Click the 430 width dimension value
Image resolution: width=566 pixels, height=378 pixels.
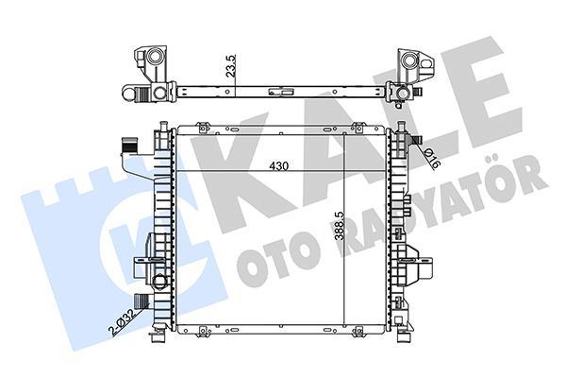tap(279, 166)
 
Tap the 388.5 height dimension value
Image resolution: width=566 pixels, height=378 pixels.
tap(339, 226)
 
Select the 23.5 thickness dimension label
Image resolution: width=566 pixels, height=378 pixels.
tap(231, 65)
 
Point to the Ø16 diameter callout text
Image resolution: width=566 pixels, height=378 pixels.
tap(432, 158)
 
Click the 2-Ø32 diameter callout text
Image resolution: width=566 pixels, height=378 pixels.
tap(123, 321)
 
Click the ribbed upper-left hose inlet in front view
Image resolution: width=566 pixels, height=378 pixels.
tap(129, 146)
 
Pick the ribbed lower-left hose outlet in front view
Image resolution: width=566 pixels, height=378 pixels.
tap(141, 300)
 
